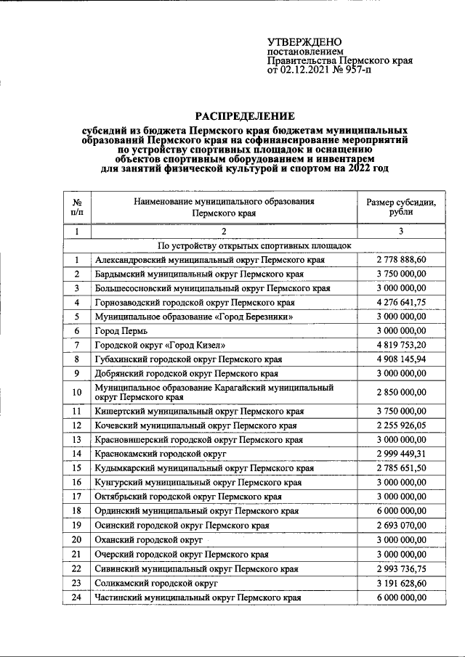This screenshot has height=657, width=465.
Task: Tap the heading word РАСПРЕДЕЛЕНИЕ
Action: pos(243,115)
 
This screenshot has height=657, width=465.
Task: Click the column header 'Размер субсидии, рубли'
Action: pos(401,207)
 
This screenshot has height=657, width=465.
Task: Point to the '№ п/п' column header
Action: pos(77,207)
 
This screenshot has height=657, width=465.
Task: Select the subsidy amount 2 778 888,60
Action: pos(401,259)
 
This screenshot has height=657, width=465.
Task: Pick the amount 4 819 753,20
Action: pos(401,345)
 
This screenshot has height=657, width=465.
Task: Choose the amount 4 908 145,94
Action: pos(401,359)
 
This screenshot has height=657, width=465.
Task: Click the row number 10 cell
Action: pos(77,393)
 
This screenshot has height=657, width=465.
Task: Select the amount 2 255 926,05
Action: pos(401,425)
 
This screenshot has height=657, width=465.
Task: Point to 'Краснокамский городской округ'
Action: pos(160,454)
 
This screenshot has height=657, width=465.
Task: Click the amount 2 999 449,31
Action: pos(401,454)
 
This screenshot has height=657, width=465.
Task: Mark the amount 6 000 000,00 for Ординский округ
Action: pos(401,511)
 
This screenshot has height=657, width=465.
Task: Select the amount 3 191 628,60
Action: pos(401,583)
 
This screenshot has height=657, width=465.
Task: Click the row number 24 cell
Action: pos(77,597)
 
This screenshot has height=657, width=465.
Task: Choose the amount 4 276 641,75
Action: pos(401,302)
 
